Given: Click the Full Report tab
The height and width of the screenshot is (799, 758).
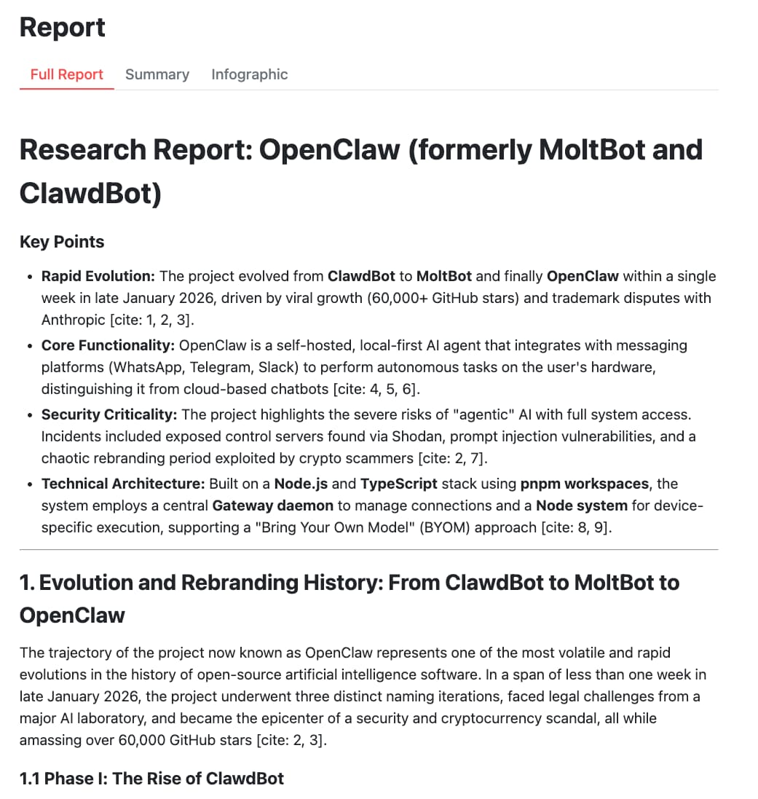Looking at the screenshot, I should pos(66,74).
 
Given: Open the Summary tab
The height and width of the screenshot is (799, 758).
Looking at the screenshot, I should pos(157,74).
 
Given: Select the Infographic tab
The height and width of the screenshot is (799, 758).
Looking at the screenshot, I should pos(249,74).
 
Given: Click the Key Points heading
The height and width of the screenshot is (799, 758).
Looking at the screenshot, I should pos(62,242).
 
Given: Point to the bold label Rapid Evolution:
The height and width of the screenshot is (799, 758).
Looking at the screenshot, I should pos(98,276).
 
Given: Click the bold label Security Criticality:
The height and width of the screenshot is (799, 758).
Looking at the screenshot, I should pos(109,414).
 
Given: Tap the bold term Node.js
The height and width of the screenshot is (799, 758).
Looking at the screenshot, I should pos(301,484).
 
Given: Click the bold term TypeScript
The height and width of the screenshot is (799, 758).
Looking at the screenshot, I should pos(398,484).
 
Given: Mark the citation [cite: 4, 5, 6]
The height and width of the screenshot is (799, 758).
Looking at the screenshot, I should pos(378,389).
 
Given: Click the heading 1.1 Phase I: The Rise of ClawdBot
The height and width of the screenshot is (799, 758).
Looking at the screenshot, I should pos(151,779).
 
